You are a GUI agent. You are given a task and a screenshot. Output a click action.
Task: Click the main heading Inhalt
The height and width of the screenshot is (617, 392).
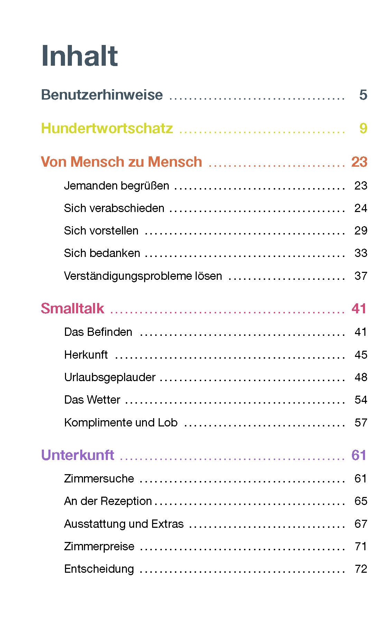point(80,56)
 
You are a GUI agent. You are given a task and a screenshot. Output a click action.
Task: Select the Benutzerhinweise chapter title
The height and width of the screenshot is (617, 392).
point(102,95)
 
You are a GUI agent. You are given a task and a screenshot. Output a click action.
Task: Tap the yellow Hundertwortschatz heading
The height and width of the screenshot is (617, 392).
point(107,128)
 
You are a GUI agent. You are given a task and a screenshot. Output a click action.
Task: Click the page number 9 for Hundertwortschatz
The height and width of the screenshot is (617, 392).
point(363,128)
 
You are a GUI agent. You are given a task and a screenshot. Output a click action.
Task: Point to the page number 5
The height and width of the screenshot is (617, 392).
point(363,95)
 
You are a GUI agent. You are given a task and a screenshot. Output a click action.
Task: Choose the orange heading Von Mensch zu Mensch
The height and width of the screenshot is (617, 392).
point(121,162)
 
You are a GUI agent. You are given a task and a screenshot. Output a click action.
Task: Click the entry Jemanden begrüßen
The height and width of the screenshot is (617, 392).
point(116,186)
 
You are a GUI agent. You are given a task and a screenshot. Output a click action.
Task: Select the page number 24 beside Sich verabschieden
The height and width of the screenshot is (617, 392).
point(361,208)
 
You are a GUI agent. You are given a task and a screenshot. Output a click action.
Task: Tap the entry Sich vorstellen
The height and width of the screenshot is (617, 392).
point(101,231)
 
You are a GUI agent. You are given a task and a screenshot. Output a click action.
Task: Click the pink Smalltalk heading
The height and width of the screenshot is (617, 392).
point(73,308)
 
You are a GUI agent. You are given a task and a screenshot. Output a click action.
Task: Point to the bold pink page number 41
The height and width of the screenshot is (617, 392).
point(359,308)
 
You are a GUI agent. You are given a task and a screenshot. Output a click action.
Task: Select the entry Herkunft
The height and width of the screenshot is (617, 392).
point(86,355)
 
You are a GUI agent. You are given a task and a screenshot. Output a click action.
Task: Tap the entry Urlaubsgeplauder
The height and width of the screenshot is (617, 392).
point(110,377)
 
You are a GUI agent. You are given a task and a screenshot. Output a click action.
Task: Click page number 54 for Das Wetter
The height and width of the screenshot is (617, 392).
point(361,400)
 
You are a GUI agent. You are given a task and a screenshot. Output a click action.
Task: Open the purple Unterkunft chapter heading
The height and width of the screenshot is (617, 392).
point(77,455)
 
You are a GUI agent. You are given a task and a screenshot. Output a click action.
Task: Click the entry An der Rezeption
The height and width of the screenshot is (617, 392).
point(108,501)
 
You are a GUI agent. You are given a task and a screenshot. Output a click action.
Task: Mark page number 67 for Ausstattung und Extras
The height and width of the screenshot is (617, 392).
point(361,524)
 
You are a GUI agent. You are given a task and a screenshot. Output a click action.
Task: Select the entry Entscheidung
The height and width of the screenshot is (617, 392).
point(99,569)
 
